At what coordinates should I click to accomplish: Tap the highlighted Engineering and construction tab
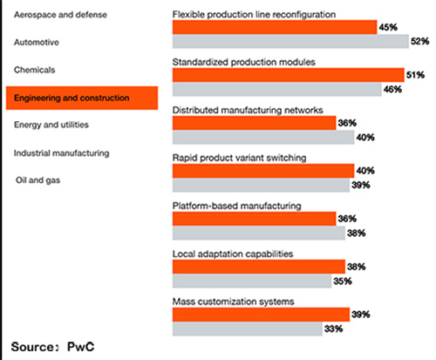(x=80, y=98)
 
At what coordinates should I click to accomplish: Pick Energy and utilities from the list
(x=52, y=125)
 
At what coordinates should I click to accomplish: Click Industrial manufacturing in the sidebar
(x=61, y=153)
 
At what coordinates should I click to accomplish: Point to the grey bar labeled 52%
(x=290, y=42)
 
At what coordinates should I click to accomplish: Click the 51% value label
(x=415, y=76)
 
